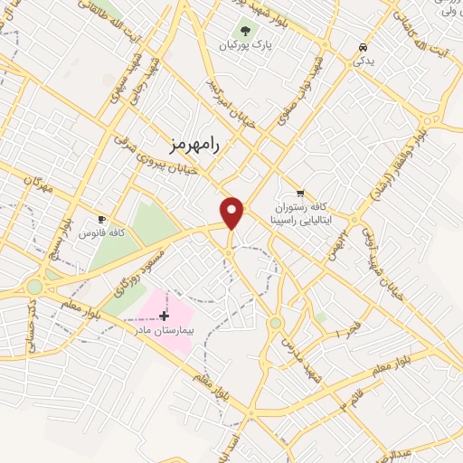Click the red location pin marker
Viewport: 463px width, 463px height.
coord(233,213)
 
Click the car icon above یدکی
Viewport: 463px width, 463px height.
coord(363,46)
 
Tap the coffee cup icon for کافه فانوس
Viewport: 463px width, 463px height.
coord(101,220)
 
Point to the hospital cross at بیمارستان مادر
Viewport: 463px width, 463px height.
coord(163,316)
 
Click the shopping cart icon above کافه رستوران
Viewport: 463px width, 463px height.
coord(300,194)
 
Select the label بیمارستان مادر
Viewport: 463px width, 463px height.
coord(165,330)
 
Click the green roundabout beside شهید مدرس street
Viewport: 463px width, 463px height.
coord(275,323)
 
